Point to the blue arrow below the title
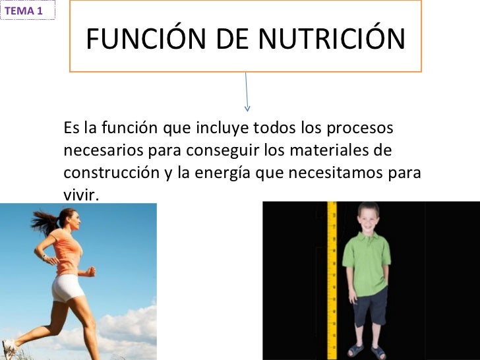pos(247,92)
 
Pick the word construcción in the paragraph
pos(110,173)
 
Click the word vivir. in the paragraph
pos(80,195)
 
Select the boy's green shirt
pos(366,256)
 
